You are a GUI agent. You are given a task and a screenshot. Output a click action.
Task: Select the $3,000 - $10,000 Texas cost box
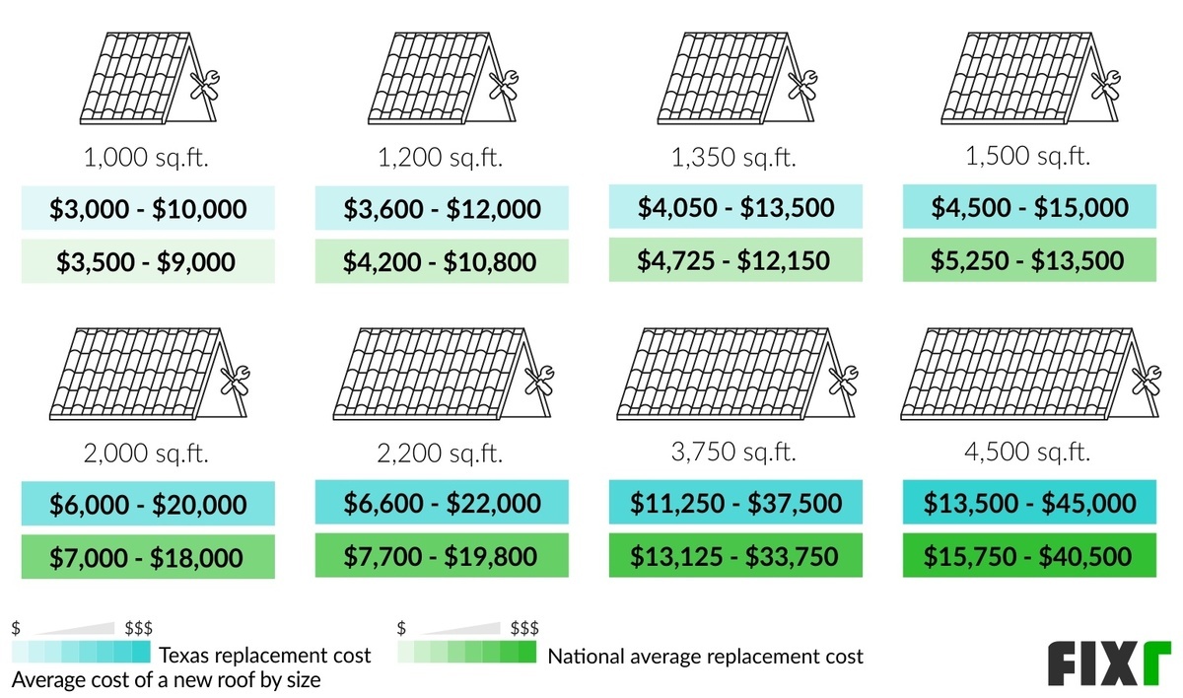[148, 209]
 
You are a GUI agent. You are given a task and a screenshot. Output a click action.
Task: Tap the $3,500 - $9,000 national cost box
[148, 261]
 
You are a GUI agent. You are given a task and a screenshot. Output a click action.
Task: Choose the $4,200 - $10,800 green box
[441, 261]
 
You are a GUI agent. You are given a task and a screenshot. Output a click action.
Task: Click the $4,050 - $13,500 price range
[735, 208]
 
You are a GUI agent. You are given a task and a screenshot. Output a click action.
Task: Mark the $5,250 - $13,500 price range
[1029, 260]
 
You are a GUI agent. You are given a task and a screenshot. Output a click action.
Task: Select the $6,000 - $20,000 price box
[148, 505]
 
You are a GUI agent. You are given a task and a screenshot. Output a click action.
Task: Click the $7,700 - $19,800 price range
[441, 556]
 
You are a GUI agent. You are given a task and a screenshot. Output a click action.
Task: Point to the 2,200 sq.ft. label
[442, 454]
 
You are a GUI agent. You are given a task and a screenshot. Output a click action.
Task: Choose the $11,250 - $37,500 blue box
[735, 504]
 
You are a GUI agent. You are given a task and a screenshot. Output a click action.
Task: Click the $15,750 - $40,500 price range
[1029, 556]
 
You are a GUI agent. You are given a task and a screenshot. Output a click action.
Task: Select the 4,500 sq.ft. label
[1029, 453]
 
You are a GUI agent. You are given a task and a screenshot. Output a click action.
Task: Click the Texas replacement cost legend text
[265, 656]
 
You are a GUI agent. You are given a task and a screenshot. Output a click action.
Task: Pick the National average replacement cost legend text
[705, 657]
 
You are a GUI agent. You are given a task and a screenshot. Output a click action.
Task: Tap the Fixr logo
[1109, 663]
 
